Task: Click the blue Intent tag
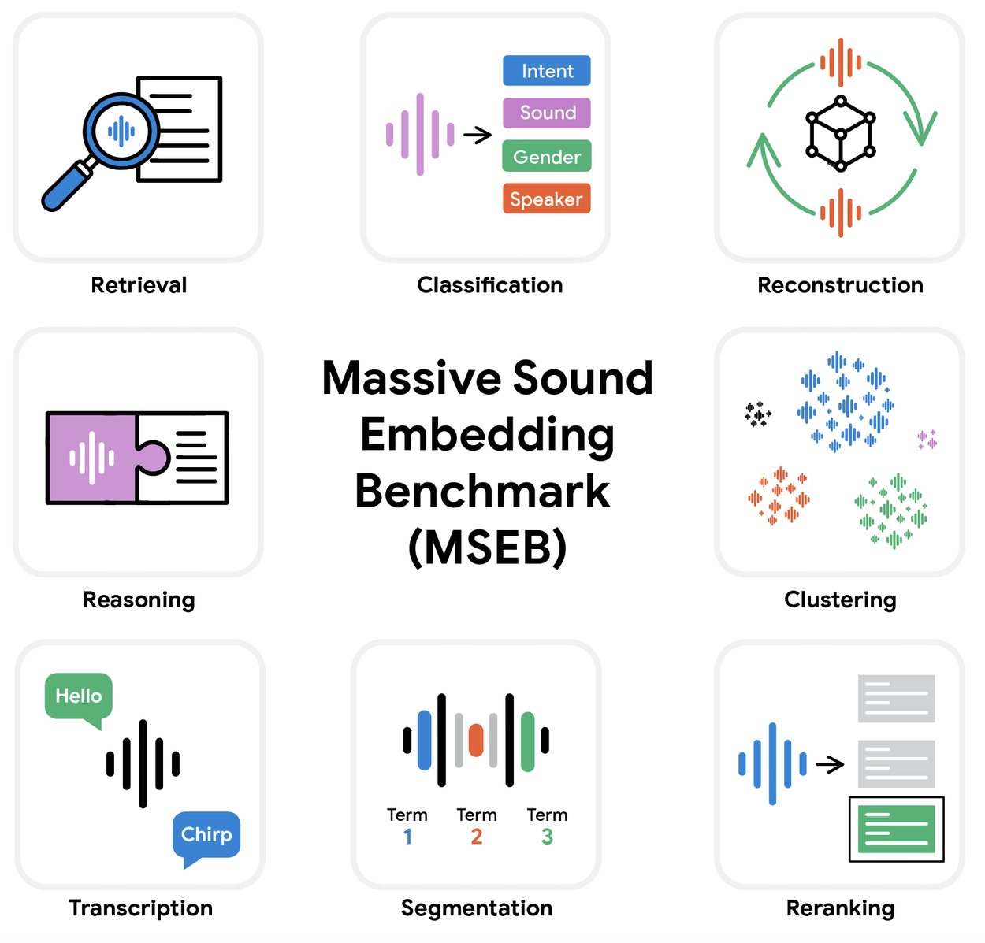coord(546,71)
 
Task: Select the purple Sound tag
coord(546,113)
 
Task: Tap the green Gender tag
coord(546,157)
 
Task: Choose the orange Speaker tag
coord(546,199)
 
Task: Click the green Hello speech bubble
coord(79,696)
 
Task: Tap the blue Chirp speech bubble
coord(206,835)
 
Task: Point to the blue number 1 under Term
coord(407,837)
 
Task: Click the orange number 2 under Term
coord(477,837)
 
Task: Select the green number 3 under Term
coord(547,837)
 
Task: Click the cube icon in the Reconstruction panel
coord(840,134)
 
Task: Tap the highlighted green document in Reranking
coord(897,830)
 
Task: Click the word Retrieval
coord(139,285)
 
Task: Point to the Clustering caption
coord(840,600)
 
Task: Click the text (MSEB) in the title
coord(487,547)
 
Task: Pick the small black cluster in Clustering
coord(758,414)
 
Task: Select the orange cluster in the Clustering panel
coord(779,496)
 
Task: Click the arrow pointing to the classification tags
coord(478,136)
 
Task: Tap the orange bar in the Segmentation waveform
coord(476,741)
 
